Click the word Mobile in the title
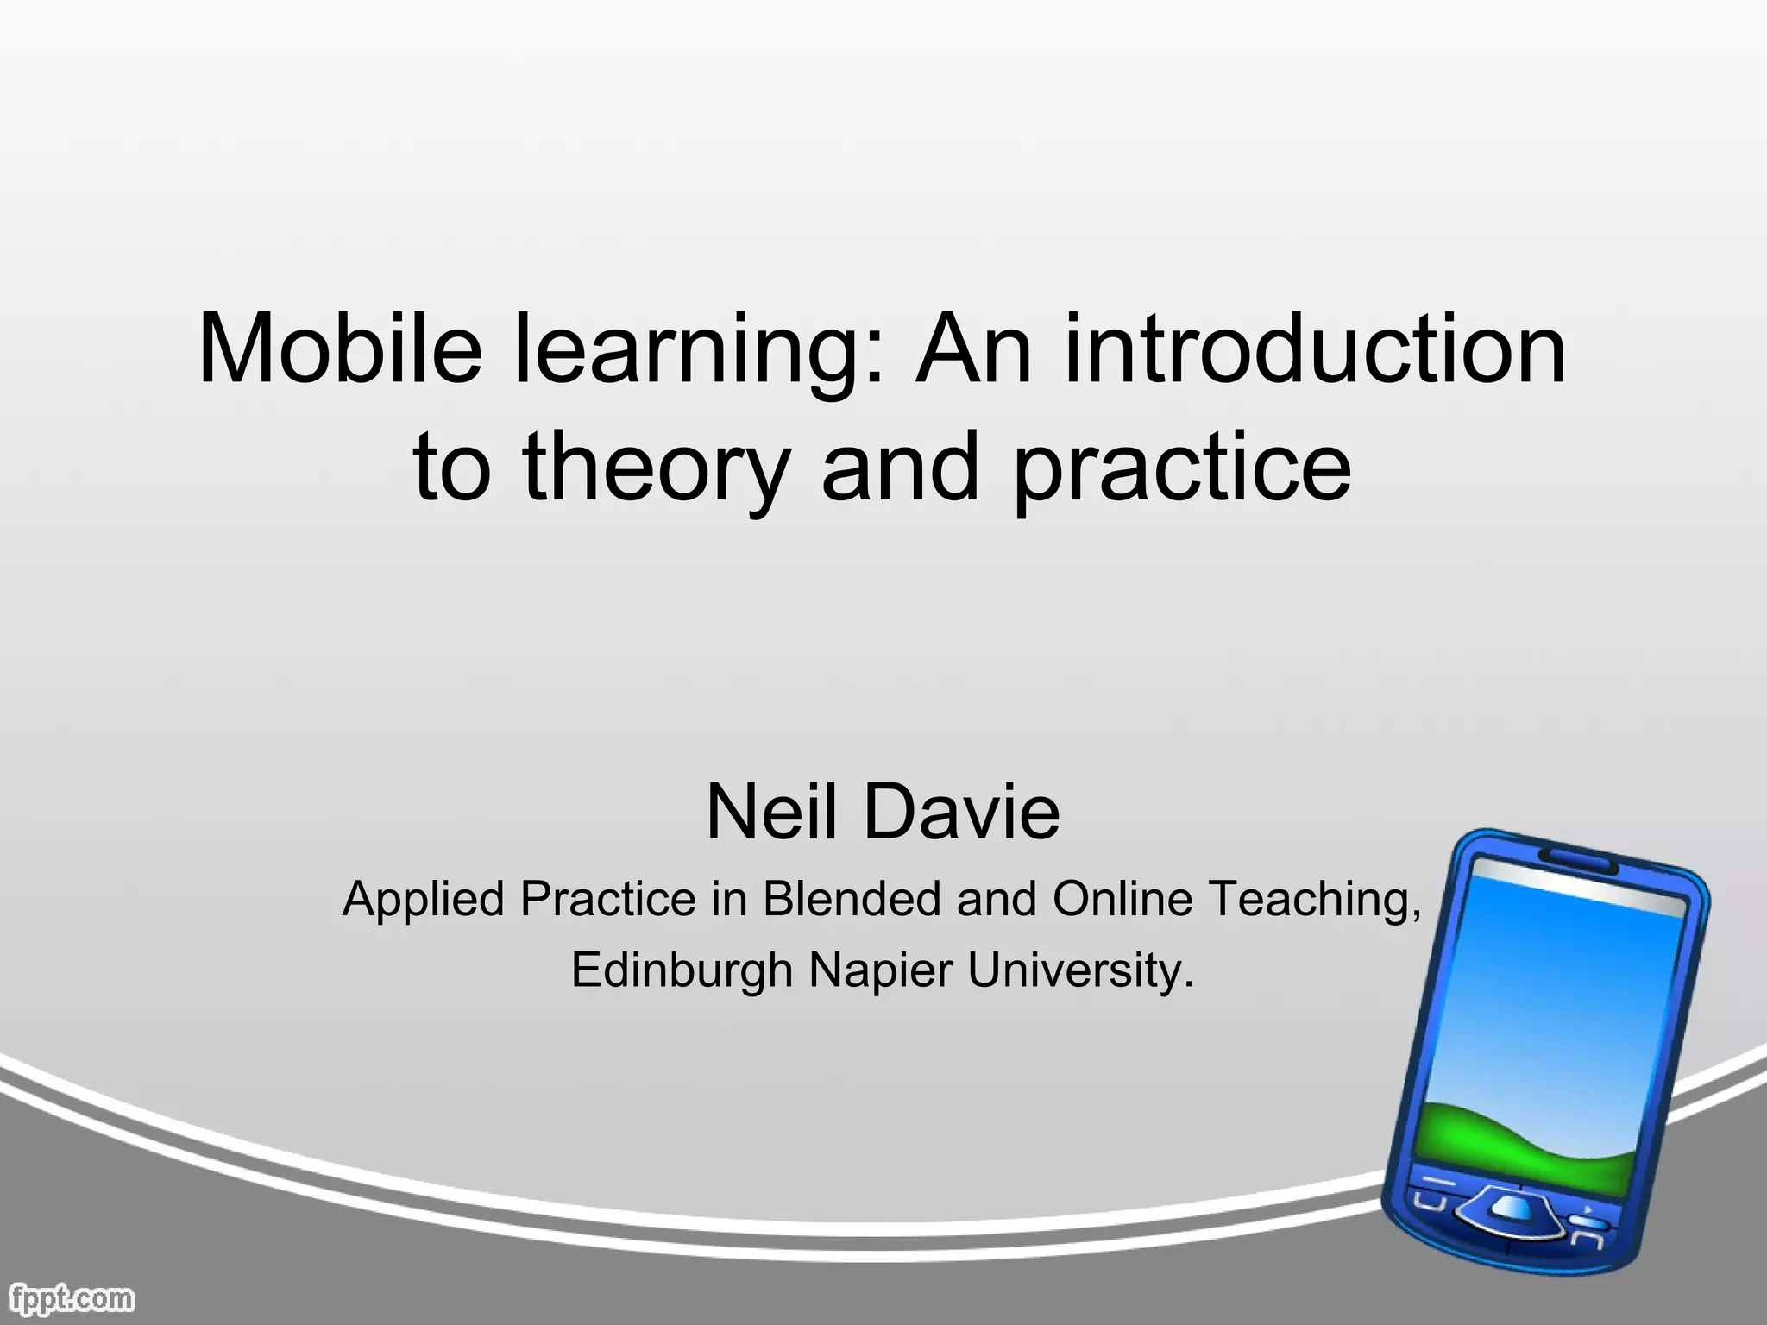[x=339, y=349]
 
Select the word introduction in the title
[x=1315, y=349]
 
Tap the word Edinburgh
[x=682, y=972]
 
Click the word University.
[x=1080, y=972]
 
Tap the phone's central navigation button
[x=1512, y=1208]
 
